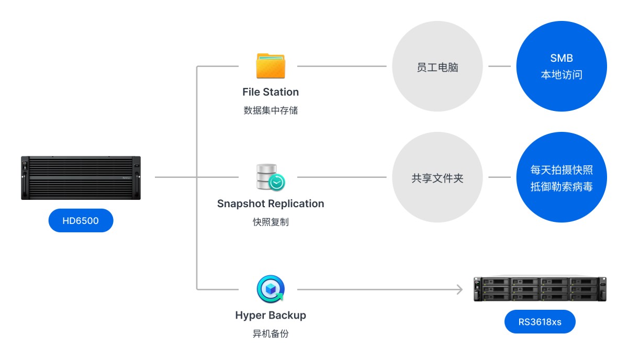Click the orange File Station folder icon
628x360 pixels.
271,66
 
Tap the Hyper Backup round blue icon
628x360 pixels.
271,289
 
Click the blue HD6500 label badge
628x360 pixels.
81,221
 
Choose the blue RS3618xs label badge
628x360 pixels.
540,322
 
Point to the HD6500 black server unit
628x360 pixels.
81,178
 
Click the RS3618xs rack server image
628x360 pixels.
540,289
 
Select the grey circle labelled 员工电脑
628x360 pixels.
437,66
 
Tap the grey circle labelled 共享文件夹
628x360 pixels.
437,177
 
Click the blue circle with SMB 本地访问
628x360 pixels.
562,66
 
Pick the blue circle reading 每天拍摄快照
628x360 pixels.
562,177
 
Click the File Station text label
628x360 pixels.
271,92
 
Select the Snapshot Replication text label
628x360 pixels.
271,204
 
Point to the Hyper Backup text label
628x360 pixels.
271,316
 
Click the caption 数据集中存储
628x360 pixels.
271,110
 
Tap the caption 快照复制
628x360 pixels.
271,222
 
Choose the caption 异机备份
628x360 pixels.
271,333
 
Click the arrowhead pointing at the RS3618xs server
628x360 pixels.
459,289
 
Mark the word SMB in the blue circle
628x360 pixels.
562,58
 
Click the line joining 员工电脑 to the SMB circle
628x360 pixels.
499,66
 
